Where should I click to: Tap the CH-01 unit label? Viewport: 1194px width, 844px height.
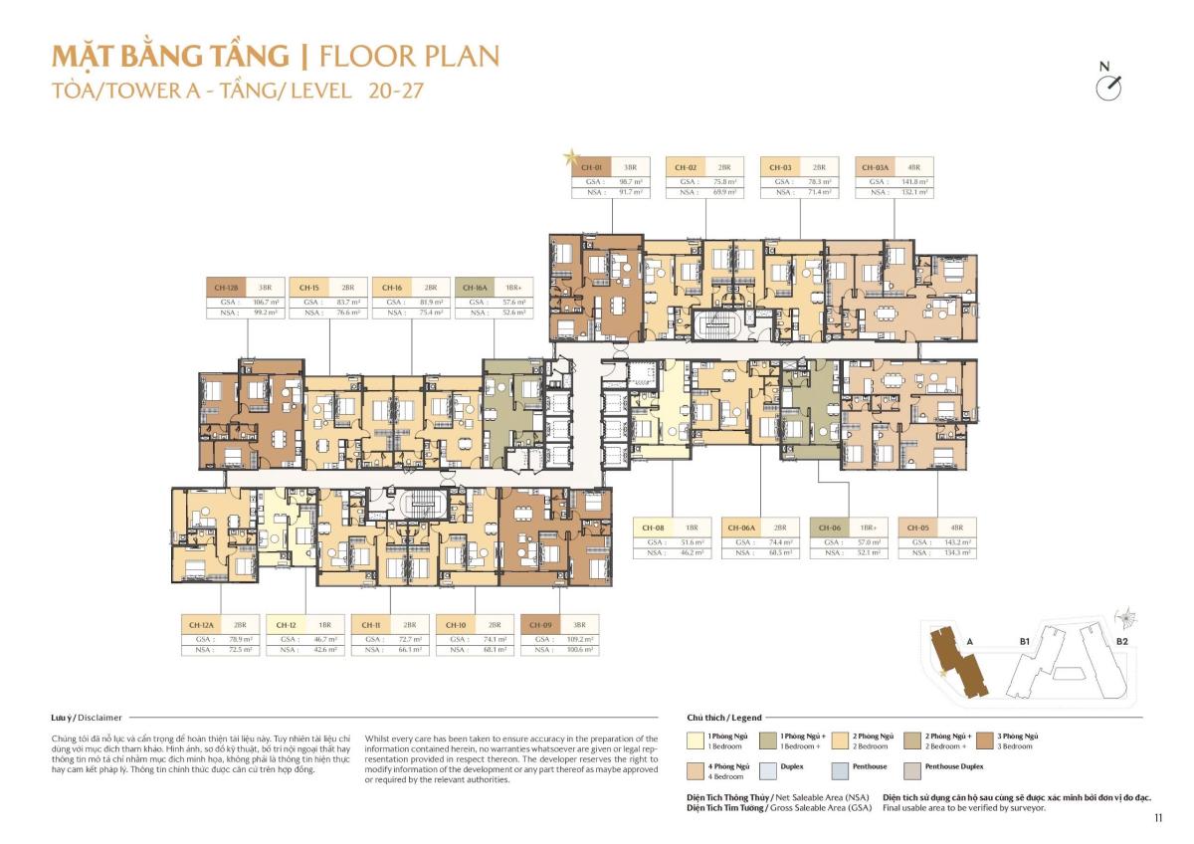coord(591,167)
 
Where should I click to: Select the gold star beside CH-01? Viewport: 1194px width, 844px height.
coord(570,156)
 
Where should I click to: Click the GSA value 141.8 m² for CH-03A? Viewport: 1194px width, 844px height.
coord(913,182)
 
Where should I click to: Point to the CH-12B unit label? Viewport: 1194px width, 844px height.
coord(225,288)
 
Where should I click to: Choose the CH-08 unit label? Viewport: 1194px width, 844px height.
coord(653,527)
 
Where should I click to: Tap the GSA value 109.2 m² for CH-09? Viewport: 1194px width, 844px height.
coord(579,639)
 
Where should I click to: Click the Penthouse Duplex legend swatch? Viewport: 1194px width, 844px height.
coord(912,769)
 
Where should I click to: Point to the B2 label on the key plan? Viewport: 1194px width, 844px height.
coord(1120,643)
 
